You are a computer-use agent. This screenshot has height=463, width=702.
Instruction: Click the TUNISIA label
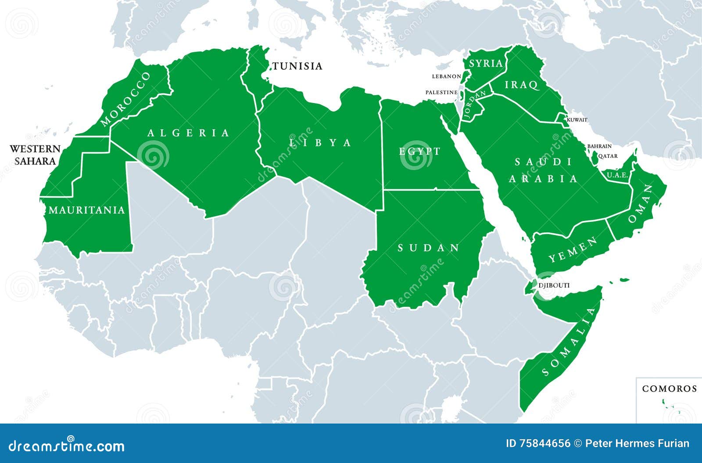pyautogui.click(x=297, y=66)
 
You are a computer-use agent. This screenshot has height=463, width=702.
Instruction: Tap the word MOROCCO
pyautogui.click(x=125, y=99)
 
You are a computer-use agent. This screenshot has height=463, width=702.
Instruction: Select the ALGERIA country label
pyautogui.click(x=188, y=133)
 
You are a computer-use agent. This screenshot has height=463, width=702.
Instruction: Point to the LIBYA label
pyautogui.click(x=320, y=142)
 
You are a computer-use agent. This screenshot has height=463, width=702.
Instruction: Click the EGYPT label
pyautogui.click(x=419, y=151)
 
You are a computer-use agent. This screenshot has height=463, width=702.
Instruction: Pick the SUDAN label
pyautogui.click(x=429, y=248)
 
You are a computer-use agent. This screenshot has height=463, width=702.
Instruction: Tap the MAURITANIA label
pyautogui.click(x=86, y=210)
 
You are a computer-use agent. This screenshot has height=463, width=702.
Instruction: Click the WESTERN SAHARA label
pyautogui.click(x=33, y=155)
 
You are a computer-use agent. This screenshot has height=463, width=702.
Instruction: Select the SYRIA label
pyautogui.click(x=486, y=64)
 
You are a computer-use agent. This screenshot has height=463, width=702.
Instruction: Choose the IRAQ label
pyautogui.click(x=521, y=85)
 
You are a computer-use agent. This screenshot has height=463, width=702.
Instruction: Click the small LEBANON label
pyautogui.click(x=446, y=76)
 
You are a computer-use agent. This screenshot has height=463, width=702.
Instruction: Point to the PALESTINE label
pyautogui.click(x=441, y=93)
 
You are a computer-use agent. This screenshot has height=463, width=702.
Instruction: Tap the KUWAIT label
pyautogui.click(x=577, y=120)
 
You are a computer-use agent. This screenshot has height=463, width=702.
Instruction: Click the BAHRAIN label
pyautogui.click(x=599, y=146)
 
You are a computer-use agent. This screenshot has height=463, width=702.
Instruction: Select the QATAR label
pyautogui.click(x=608, y=156)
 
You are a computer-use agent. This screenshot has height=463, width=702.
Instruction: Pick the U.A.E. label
pyautogui.click(x=618, y=175)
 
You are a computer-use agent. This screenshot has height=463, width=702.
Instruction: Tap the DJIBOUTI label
pyautogui.click(x=554, y=285)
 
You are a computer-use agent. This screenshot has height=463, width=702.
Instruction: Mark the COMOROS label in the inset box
pyautogui.click(x=669, y=389)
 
